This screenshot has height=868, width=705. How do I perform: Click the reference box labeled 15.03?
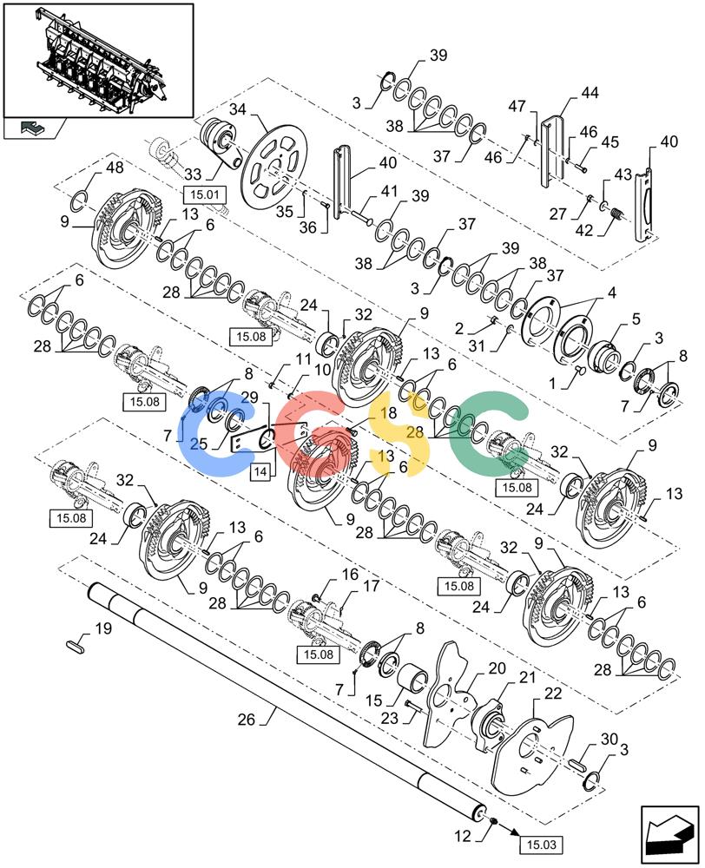541,845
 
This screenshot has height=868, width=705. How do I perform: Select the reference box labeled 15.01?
205,194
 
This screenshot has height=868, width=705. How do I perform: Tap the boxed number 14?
260,471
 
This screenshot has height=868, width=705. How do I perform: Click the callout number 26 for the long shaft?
247,719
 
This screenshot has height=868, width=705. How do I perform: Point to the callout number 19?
103,628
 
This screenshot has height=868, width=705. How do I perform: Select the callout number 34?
237,109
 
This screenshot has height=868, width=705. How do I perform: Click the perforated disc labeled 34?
275,166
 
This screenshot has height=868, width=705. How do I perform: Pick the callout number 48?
115,167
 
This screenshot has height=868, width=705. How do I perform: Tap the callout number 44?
589,93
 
